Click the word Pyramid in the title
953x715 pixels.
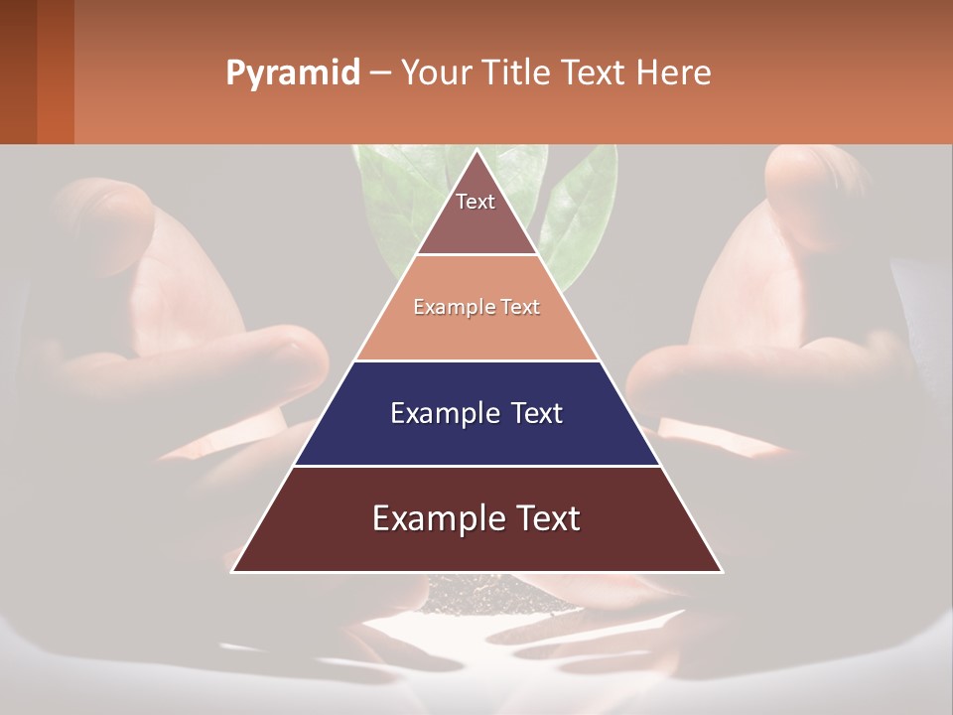coord(292,73)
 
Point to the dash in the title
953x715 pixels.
coord(380,73)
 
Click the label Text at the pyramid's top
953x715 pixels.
coord(476,202)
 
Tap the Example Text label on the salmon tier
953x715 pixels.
coord(476,307)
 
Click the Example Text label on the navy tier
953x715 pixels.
coord(476,413)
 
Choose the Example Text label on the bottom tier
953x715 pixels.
coord(476,518)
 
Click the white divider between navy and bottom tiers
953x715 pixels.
coord(476,466)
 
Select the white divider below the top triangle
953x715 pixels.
coord(476,254)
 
